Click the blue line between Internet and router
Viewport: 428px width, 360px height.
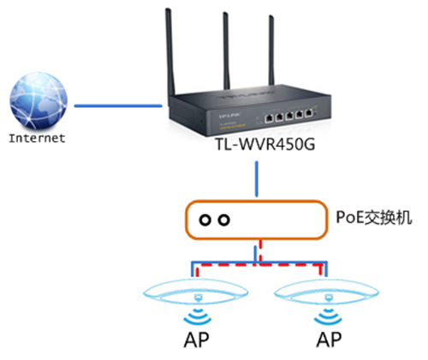(116, 107)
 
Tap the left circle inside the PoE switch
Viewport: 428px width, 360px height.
(205, 221)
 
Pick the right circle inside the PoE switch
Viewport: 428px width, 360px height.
(224, 221)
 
